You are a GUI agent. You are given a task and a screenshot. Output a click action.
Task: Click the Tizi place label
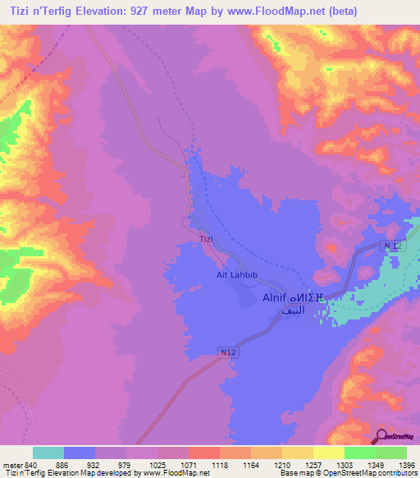[x=206, y=239]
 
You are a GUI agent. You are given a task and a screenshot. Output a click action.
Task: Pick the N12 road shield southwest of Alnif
[x=229, y=352]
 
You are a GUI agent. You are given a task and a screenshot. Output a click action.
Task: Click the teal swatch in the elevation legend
[x=48, y=453]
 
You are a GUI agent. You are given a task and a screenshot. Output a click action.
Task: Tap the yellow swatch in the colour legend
[x=328, y=453]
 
